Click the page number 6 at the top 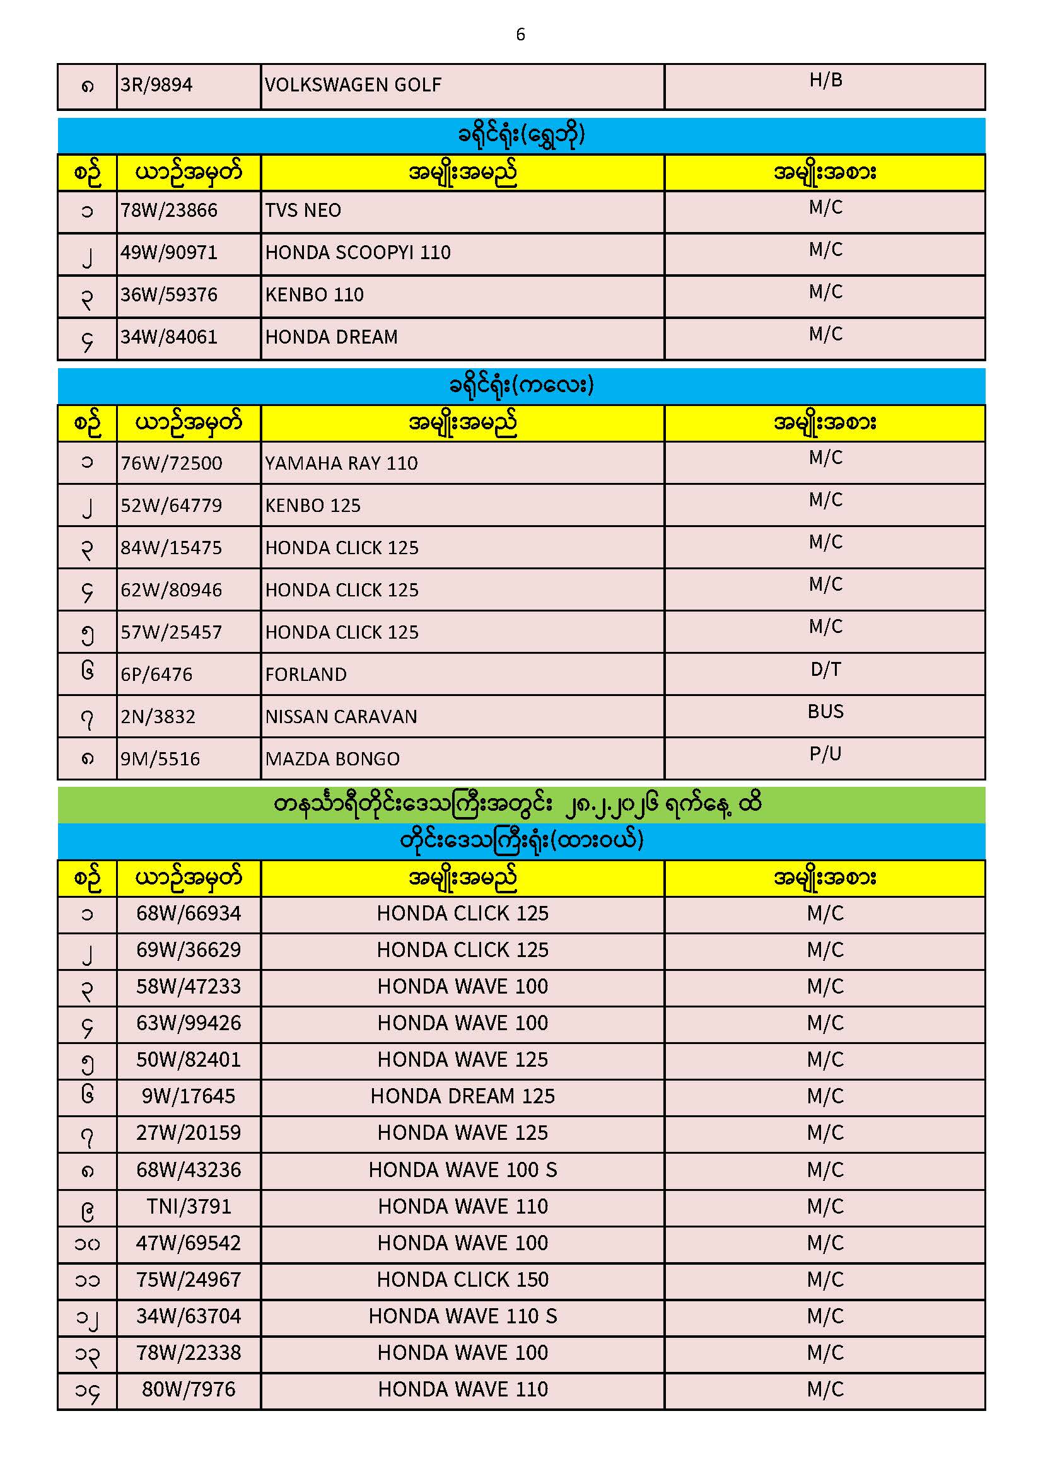click(x=520, y=34)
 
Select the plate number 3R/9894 click(x=157, y=84)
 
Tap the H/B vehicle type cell click(x=825, y=80)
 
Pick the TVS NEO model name click(x=303, y=210)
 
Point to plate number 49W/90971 click(x=170, y=252)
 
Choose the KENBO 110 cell click(x=315, y=294)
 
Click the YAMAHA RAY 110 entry click(x=342, y=463)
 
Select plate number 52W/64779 click(x=172, y=505)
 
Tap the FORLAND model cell click(x=306, y=674)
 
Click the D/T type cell click(x=825, y=670)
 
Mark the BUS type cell click(x=825, y=711)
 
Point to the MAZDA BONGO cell click(x=333, y=759)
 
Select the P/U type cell click(x=825, y=753)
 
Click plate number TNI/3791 click(x=189, y=1206)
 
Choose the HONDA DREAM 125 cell click(x=462, y=1096)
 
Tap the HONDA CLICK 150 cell click(x=462, y=1279)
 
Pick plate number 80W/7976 click(x=189, y=1390)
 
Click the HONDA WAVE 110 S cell click(x=462, y=1316)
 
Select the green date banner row click(x=520, y=804)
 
